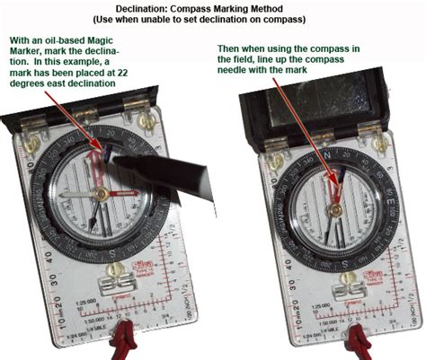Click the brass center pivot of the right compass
pos(332,208)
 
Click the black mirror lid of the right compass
pos(332,112)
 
